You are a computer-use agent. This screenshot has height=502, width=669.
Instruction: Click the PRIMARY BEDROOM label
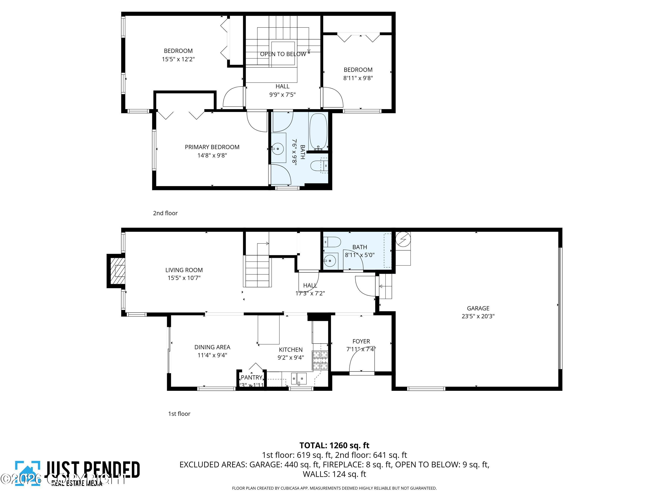point(212,147)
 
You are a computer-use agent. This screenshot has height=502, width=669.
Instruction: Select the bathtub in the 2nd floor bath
point(318,132)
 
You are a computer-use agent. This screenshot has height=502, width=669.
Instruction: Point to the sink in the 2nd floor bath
point(278,149)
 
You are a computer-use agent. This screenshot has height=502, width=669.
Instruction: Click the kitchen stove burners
point(320,360)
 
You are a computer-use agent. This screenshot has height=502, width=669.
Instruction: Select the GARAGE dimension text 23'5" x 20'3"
point(478,316)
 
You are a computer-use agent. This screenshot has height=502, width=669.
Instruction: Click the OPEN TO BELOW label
point(283,54)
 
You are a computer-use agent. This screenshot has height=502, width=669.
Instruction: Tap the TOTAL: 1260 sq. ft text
point(334,445)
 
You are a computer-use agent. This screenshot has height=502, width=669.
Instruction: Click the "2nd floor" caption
point(165,213)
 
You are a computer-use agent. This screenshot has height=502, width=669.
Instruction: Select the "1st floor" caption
point(179,414)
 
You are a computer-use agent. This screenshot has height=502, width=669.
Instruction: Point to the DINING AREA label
point(212,347)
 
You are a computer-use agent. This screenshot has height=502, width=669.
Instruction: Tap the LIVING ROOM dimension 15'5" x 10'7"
point(184,278)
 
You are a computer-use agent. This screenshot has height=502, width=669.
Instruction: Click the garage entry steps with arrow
point(385,286)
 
